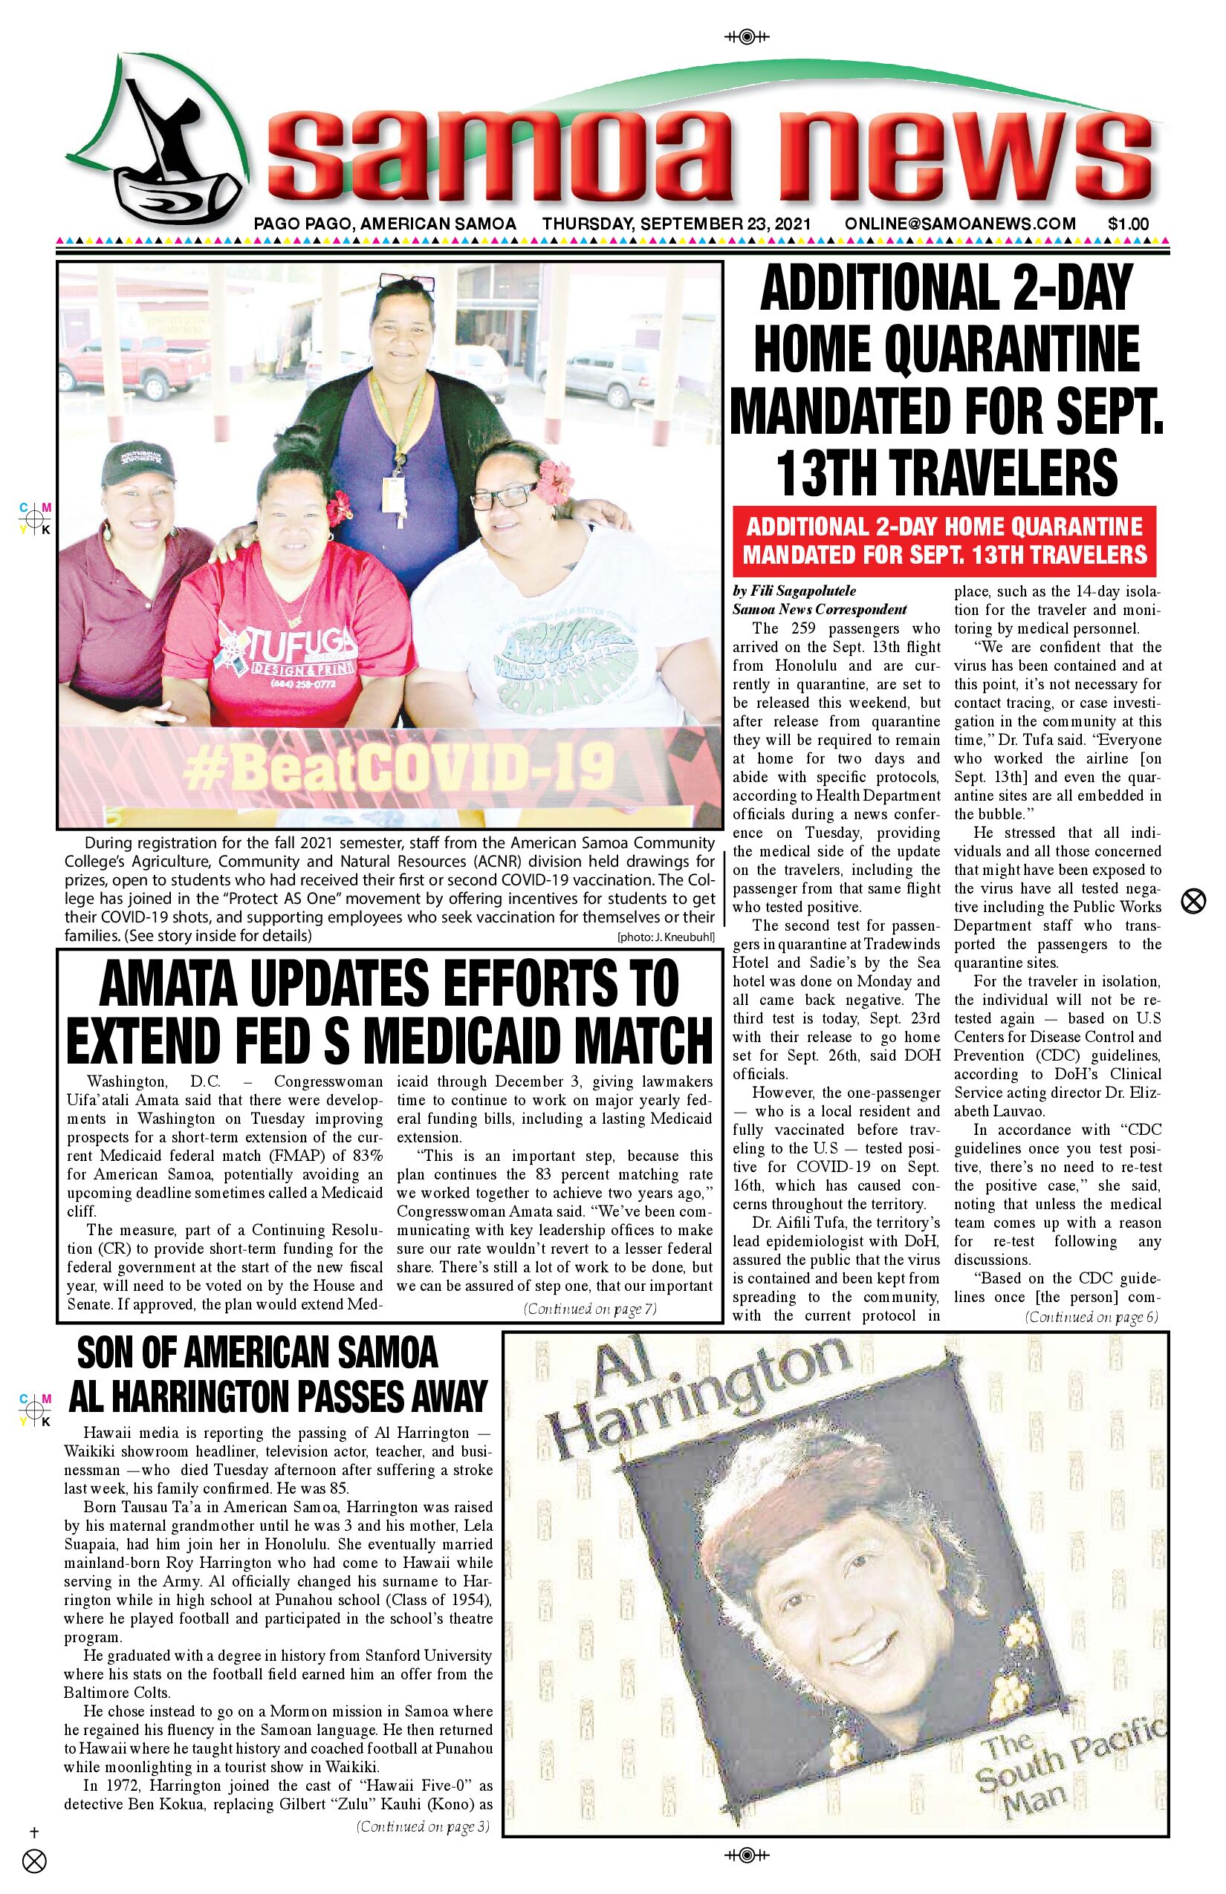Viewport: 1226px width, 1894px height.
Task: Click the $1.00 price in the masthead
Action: pos(1128,224)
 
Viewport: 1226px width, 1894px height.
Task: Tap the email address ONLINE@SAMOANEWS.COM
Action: pos(960,224)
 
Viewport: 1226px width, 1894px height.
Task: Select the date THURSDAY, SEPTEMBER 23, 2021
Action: pos(677,224)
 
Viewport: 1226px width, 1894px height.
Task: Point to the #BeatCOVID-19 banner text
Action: pos(398,767)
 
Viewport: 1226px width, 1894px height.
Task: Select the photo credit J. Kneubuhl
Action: pos(666,937)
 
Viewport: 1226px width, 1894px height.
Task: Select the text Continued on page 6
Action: pos(1092,1317)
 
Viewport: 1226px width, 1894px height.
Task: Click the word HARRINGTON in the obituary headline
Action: pos(204,1395)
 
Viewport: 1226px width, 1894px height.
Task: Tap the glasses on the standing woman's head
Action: pos(408,282)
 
